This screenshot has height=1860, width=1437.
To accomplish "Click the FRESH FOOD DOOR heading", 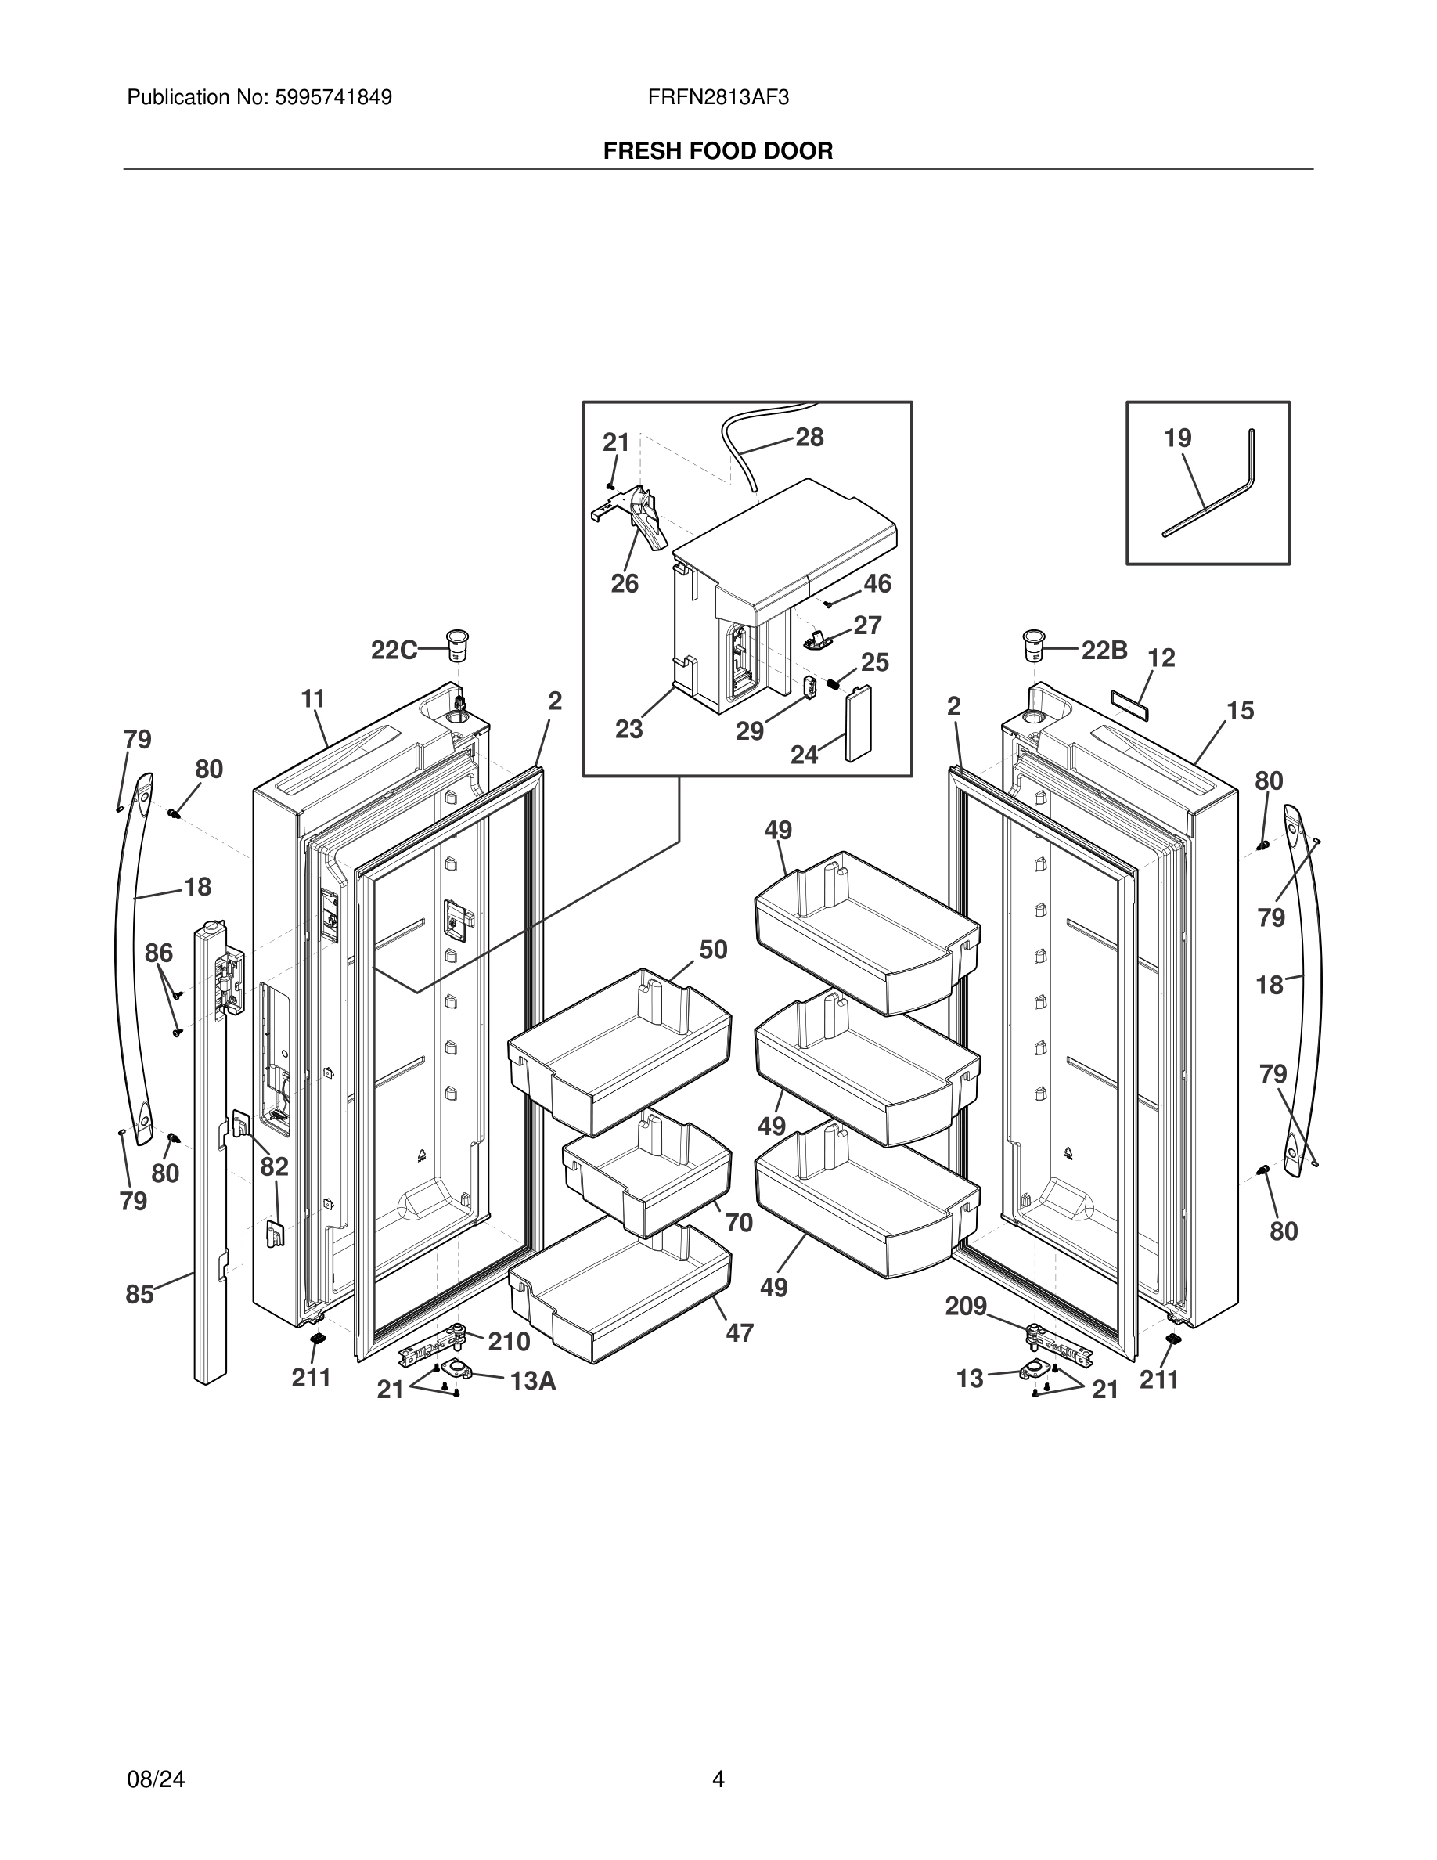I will click(718, 151).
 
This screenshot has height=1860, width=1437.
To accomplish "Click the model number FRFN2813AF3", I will click(718, 97).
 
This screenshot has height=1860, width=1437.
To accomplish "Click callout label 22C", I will click(394, 651).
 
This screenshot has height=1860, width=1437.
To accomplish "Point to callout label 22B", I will click(1104, 651).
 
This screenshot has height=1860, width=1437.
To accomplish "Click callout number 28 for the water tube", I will click(809, 437).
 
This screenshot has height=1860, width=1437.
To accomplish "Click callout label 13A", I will click(533, 1382).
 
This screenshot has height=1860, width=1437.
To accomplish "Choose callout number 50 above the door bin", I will click(713, 950).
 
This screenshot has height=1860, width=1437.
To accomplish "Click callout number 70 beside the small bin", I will click(739, 1223).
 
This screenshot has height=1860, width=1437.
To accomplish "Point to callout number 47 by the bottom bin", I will click(739, 1333).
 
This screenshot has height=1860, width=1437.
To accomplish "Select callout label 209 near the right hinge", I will click(965, 1307).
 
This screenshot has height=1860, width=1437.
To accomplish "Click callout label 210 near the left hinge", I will click(509, 1343).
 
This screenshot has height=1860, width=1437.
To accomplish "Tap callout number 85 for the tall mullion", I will click(139, 1295).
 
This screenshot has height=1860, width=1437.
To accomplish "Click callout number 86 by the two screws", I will click(159, 953).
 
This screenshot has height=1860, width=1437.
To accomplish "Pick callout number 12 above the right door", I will click(1161, 658).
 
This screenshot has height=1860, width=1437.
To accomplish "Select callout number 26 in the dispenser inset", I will click(624, 583).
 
